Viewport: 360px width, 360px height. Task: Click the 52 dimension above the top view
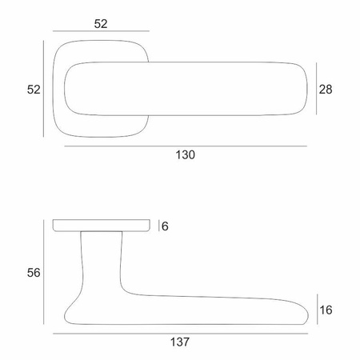[x=101, y=24]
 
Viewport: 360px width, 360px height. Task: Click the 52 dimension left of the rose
[x=34, y=90]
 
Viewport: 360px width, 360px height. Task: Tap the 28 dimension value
[x=326, y=90]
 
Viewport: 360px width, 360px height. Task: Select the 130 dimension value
[x=186, y=155]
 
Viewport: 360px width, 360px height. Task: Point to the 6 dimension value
[x=165, y=226]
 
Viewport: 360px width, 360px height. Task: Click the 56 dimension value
[x=34, y=273]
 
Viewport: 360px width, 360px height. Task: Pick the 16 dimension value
[x=326, y=310]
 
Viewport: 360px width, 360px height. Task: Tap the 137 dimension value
[x=180, y=342]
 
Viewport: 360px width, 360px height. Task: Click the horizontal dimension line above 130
[x=186, y=146]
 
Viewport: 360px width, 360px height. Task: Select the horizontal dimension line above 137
[x=181, y=334]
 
